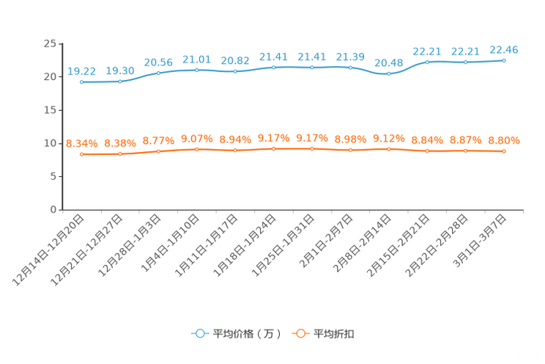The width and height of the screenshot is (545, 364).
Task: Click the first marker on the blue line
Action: tap(81, 81)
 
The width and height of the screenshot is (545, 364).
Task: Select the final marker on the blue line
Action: tap(504, 60)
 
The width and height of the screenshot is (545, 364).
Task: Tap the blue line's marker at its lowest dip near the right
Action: tap(389, 73)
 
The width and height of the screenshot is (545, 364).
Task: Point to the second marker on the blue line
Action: tap(120, 81)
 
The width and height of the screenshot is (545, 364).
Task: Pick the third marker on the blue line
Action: tap(158, 73)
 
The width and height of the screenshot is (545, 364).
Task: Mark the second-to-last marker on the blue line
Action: tap(465, 62)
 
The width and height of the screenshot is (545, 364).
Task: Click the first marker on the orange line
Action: tap(81, 154)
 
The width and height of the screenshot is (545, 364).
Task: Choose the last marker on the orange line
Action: tap(504, 151)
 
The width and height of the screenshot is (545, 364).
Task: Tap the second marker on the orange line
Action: tap(120, 154)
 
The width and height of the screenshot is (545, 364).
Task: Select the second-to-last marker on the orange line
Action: tap(465, 151)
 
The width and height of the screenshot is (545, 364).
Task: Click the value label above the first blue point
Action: tap(81, 70)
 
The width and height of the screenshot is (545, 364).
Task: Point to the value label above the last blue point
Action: tap(504, 49)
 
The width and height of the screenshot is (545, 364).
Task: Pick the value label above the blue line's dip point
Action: tap(389, 62)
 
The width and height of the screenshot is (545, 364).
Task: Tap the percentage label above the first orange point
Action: tap(81, 143)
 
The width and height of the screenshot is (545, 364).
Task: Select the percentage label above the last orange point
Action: tap(504, 140)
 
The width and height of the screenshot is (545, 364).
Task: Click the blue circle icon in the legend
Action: tap(199, 333)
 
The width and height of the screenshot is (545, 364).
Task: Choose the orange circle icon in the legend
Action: tap(300, 333)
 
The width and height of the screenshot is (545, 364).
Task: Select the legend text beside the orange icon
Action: tap(334, 334)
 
